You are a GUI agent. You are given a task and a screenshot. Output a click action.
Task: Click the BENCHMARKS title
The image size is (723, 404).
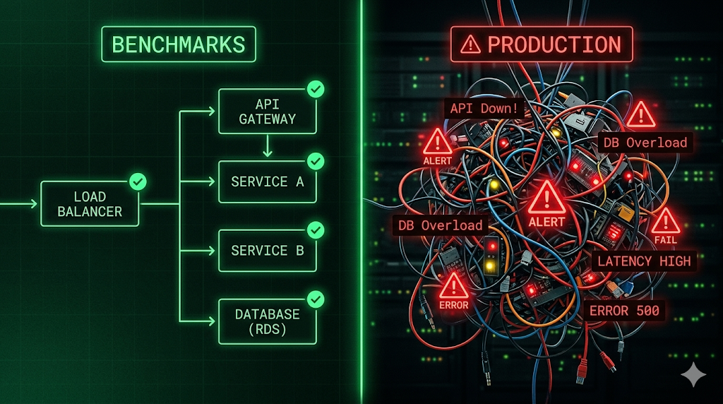pos(179,44)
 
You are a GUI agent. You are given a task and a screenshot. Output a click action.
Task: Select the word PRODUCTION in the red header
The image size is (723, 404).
pos(554,44)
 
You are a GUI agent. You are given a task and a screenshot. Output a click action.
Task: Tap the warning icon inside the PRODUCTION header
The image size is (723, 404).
pos(470,44)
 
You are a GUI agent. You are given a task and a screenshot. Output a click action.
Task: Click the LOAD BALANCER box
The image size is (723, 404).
pos(90,204)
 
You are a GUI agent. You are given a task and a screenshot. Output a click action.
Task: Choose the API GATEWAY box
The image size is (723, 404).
pos(268,112)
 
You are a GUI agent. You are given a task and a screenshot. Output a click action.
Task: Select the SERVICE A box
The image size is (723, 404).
pos(268,182)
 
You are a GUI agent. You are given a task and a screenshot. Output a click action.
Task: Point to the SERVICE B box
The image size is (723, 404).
pos(268,251)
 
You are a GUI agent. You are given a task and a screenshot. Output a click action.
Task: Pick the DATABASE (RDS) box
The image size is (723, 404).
pos(268,321)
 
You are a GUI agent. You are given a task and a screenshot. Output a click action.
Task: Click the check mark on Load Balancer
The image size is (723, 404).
pos(138,182)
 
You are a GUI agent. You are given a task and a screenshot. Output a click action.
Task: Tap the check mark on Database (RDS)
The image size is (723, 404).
pos(316,299)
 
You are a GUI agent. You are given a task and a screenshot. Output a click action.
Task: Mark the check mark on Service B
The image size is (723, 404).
pos(316,230)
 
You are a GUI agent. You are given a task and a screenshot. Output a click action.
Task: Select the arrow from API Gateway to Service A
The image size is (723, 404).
pos(268,145)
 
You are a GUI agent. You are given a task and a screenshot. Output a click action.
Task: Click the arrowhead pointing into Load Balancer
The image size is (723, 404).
pos(34,203)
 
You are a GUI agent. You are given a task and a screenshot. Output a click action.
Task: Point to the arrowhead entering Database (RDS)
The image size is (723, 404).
pos(212,321)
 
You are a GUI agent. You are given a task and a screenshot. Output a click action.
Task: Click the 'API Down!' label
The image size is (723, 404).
pos(484,108)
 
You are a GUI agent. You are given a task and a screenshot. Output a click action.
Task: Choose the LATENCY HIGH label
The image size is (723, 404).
pos(644,261)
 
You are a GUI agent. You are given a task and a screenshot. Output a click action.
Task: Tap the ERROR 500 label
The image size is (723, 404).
pos(624,310)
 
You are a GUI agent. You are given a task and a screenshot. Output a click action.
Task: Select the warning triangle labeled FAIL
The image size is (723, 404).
pos(665,221)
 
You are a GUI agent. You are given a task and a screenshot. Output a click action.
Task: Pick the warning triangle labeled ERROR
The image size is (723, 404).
pos(454,285)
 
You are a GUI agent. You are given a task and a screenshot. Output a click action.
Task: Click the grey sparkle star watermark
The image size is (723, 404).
pos(693,374)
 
